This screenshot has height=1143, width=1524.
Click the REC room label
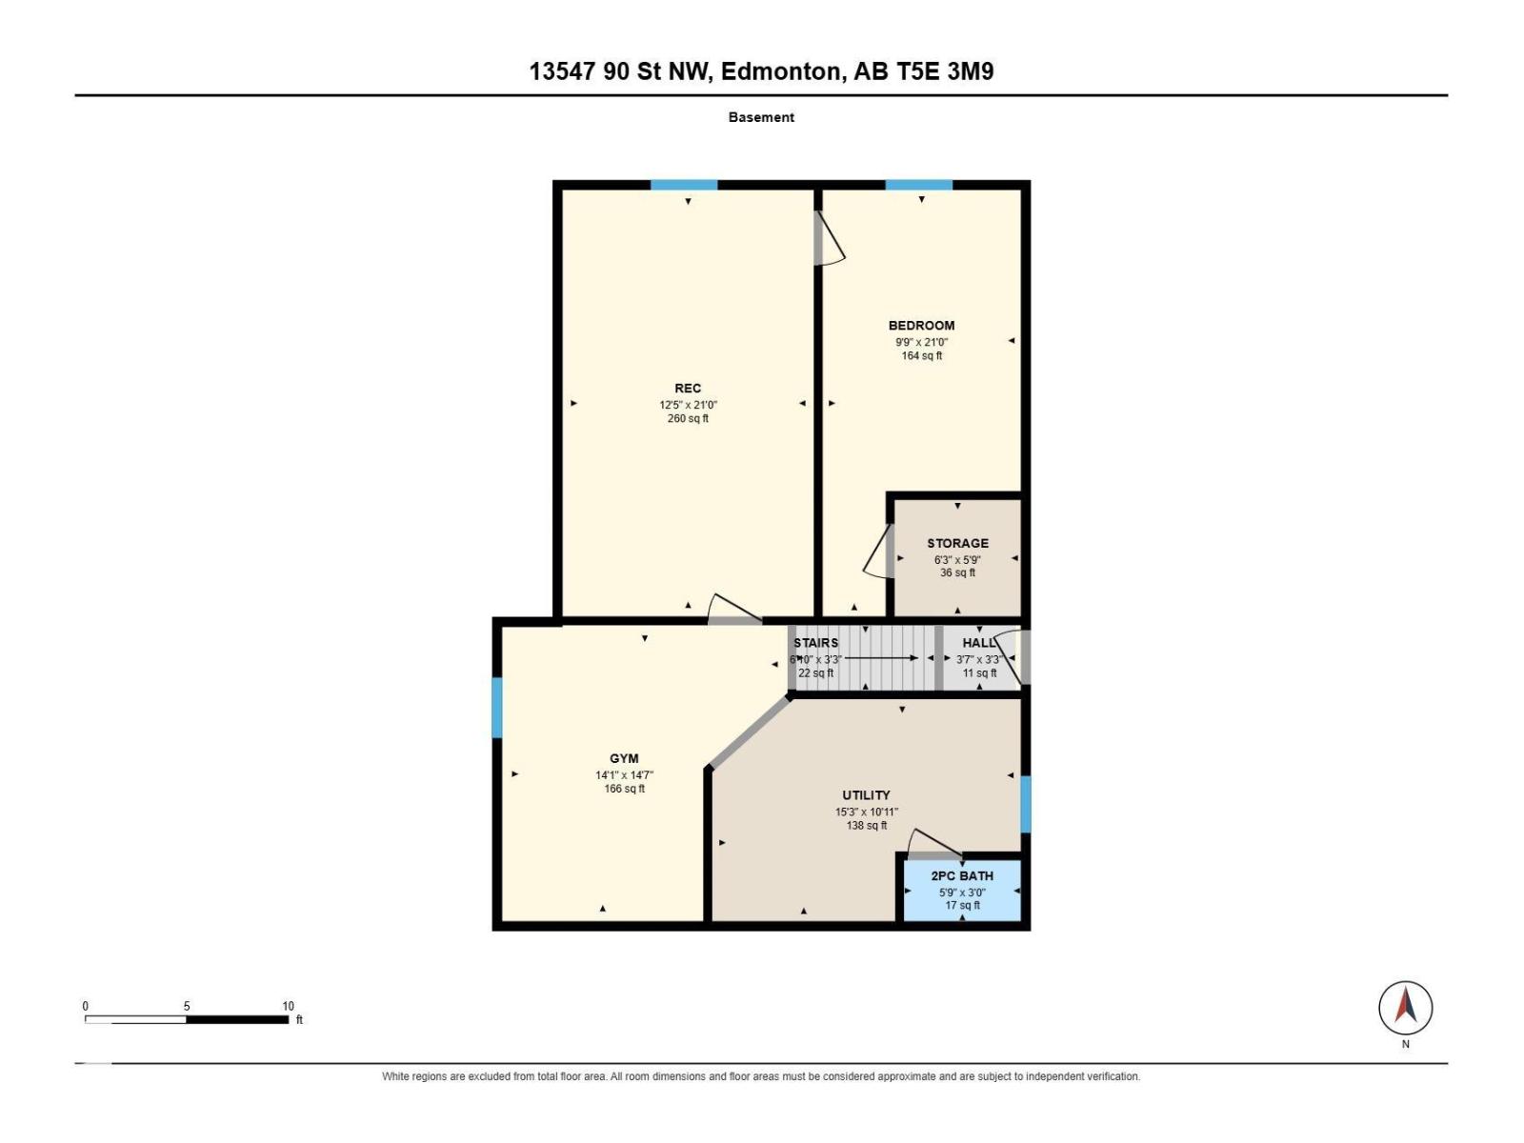688,389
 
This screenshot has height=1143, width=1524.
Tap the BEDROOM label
921,326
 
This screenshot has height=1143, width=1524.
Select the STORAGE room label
957,543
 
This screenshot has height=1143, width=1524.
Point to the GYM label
624,758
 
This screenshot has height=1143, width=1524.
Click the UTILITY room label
866,795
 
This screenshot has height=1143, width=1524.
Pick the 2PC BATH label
962,875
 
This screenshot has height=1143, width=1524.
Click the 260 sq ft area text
688,418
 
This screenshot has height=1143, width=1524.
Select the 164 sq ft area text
921,356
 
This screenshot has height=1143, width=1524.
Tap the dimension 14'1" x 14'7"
624,775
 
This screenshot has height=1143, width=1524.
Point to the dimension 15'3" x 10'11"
866,812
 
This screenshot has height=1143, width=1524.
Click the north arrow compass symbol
1405,1007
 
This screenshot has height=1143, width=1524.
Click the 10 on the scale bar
289,1006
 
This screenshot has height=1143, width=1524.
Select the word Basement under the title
761,117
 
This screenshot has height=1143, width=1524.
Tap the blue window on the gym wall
497,707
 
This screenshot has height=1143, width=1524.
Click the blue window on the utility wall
1026,804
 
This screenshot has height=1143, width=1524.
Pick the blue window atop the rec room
683,185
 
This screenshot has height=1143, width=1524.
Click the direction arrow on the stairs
881,658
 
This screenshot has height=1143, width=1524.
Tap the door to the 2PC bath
934,845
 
